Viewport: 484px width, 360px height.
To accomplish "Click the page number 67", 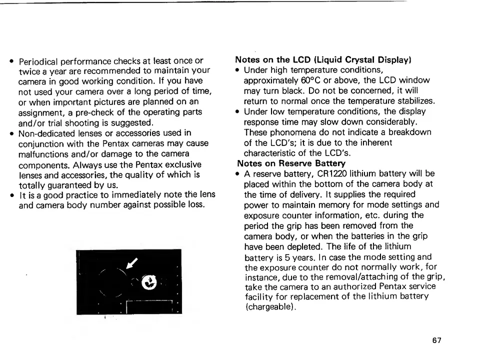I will click(x=437, y=340).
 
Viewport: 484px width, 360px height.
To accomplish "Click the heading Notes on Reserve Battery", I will click(x=291, y=163).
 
